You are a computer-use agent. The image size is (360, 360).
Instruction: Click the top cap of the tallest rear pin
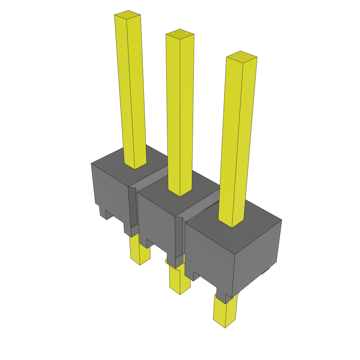pyautogui.click(x=128, y=14)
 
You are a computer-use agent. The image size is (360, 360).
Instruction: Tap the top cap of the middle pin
pyautogui.click(x=180, y=33)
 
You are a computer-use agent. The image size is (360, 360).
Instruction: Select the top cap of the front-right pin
pyautogui.click(x=241, y=56)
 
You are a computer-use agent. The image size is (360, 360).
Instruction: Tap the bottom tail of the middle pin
pyautogui.click(x=179, y=281)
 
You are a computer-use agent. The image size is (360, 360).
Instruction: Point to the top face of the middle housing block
pyautogui.click(x=197, y=190)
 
